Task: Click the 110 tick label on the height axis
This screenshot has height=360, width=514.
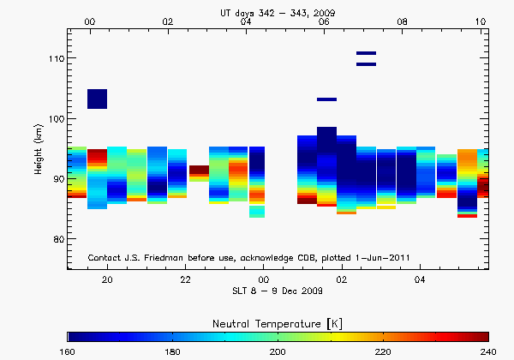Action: click(54, 58)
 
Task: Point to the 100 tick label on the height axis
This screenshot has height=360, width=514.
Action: click(54, 118)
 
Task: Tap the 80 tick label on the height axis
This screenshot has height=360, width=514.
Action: click(57, 238)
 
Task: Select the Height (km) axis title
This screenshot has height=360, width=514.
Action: click(39, 149)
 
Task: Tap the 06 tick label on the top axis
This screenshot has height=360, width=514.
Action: click(324, 21)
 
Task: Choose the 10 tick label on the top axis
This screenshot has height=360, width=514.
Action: click(481, 21)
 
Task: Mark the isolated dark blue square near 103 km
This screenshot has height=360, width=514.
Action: click(97, 99)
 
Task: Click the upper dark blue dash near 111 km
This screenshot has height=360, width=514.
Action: click(366, 54)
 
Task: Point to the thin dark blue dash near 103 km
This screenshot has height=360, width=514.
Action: click(326, 99)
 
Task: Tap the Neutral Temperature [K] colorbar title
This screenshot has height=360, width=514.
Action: click(278, 321)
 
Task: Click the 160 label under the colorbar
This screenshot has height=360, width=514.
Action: click(68, 352)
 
